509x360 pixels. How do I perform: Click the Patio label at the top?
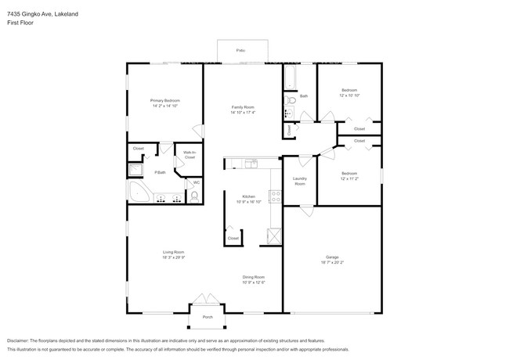point(241,51)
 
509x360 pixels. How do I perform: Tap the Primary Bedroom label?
point(165,101)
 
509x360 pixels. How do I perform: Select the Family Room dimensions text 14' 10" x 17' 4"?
point(243,112)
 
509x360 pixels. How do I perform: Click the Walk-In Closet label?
point(189,155)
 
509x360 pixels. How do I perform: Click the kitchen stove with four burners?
point(275,197)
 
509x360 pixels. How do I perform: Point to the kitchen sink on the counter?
point(250,163)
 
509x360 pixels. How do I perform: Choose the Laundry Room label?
point(299,181)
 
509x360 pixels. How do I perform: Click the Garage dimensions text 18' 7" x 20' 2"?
point(331,262)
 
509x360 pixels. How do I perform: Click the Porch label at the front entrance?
point(207,317)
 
